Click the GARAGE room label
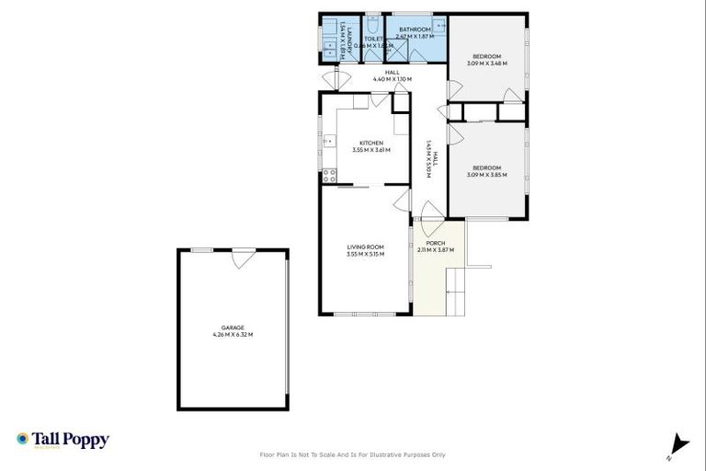233,327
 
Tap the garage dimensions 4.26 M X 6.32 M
233,335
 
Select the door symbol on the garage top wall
243,258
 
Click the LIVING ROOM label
365,247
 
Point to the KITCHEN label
370,143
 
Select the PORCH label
435,243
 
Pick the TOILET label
373,39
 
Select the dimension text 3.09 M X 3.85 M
486,175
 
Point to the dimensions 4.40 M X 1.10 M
392,79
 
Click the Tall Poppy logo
63,440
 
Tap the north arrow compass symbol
678,445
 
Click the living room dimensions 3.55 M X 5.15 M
365,254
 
